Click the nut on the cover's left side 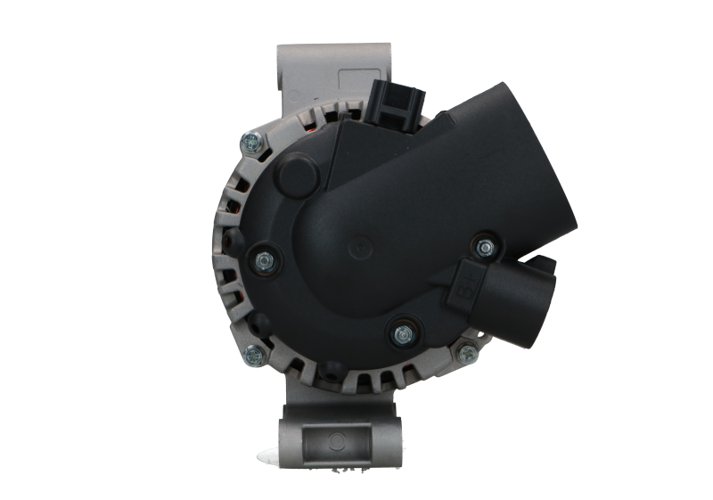265,259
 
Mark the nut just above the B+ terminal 486,245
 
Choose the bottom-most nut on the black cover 400,333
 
